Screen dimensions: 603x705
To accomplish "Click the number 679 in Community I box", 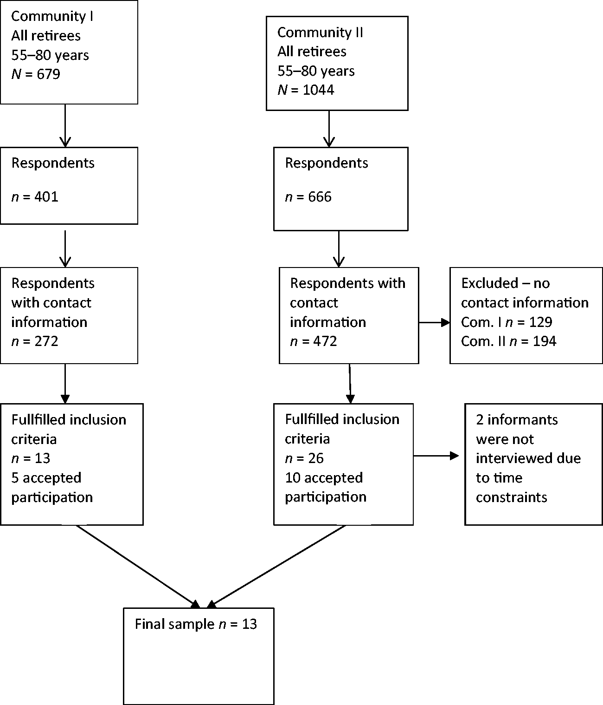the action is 48,74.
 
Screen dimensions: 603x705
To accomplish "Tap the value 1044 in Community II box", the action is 319,90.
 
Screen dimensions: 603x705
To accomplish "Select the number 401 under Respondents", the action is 46,197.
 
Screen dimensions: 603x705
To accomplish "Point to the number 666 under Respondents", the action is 320,197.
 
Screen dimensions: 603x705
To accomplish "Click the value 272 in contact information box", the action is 46,341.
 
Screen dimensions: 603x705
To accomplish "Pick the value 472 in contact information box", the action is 325,341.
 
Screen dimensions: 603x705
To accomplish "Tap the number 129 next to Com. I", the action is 541,322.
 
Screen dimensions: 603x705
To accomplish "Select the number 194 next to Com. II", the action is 545,341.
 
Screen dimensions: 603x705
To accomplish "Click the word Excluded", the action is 489,283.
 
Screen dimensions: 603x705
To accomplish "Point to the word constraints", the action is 511,497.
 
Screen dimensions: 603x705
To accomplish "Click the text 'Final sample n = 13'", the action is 196,624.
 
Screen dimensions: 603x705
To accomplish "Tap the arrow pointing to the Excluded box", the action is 434,322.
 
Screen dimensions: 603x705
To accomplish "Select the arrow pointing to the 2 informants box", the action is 436,456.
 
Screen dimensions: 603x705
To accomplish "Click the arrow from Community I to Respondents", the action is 65,125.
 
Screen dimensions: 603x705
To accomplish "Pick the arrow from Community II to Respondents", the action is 329,129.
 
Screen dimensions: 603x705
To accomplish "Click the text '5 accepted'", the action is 46,478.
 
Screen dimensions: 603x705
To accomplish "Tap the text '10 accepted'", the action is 324,478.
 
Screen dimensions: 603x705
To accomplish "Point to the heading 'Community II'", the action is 320,33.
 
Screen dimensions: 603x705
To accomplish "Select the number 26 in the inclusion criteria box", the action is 316,458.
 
